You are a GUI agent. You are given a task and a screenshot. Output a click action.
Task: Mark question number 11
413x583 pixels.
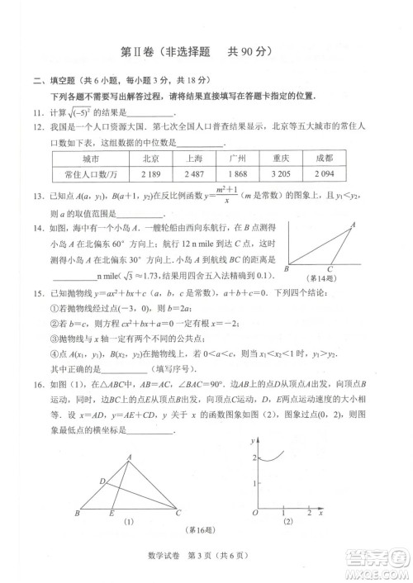[37, 112]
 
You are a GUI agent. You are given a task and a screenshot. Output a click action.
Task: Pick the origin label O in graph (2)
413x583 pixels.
[254, 514]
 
